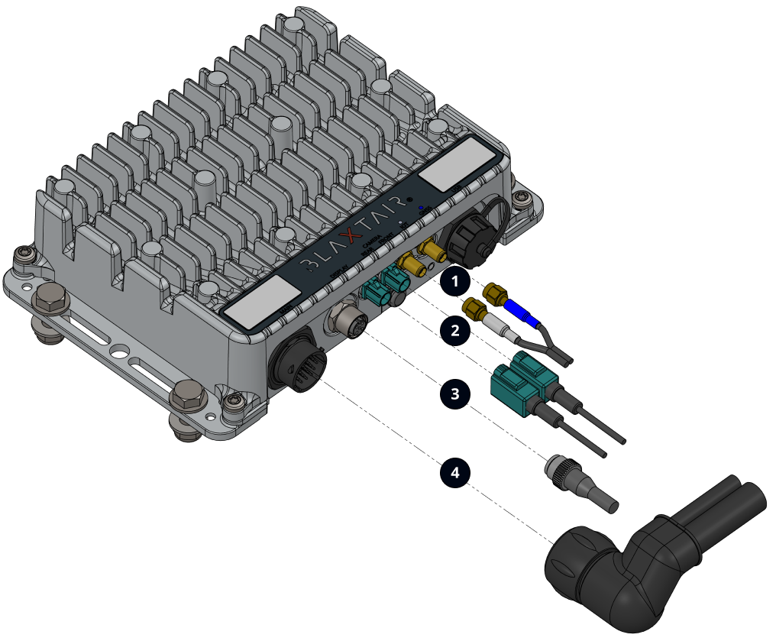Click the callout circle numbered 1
pyautogui.click(x=455, y=281)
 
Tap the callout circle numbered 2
pyautogui.click(x=455, y=331)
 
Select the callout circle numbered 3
pyautogui.click(x=455, y=394)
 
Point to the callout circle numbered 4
pyautogui.click(x=455, y=473)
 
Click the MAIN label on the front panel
pyautogui.click(x=287, y=309)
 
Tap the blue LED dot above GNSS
pyautogui.click(x=421, y=207)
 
